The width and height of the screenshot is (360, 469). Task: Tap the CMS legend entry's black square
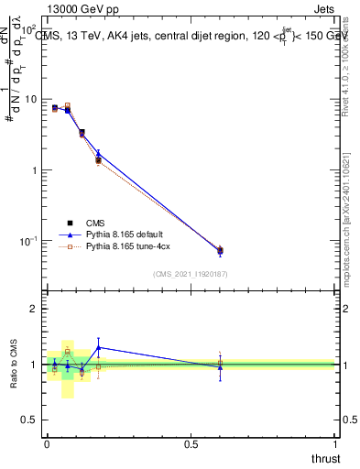coord(70,223)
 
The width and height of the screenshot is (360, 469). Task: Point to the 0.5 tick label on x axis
coord(191,444)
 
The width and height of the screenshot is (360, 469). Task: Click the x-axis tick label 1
coord(335,444)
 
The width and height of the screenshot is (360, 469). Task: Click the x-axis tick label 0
coord(47,444)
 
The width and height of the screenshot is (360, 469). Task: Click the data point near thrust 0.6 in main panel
coord(220,250)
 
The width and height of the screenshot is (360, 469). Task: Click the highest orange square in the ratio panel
coord(67,351)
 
